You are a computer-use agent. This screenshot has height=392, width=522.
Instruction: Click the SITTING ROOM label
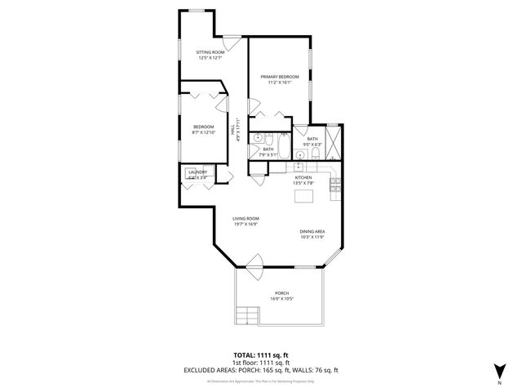coord(210,52)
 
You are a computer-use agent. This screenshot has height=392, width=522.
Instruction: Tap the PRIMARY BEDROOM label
coord(280,77)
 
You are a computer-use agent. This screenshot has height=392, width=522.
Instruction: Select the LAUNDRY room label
coord(198,171)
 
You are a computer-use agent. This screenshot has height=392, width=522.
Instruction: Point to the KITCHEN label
coord(303,177)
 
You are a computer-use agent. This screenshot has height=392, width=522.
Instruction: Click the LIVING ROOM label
coord(246,218)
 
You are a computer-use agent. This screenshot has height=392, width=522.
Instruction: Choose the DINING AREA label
coord(312,231)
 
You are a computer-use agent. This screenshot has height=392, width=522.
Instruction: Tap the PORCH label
coord(282,293)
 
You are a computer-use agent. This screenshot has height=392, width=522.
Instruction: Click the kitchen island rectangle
coord(303,197)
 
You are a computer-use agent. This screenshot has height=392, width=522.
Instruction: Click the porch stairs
coord(243,314)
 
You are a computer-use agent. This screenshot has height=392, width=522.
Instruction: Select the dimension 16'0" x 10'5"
coord(282,299)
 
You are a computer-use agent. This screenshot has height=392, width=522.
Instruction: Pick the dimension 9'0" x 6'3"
coord(314,145)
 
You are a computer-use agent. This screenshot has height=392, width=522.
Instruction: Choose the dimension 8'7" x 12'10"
coord(204,132)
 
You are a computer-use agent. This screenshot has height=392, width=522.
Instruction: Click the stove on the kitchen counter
coord(333,189)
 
